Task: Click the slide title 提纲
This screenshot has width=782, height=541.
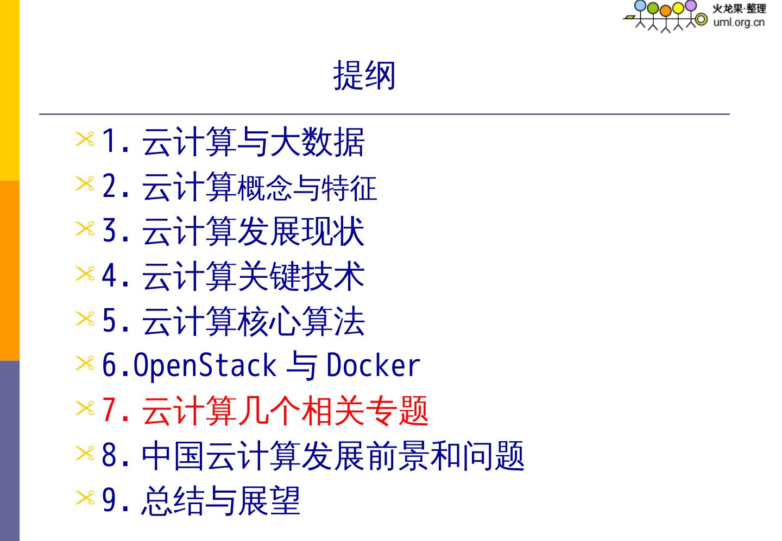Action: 364,75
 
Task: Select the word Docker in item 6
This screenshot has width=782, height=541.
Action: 373,366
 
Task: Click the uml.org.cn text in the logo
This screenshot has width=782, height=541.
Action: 739,22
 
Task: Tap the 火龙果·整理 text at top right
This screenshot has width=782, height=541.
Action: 739,9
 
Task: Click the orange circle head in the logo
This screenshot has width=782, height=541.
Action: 665,11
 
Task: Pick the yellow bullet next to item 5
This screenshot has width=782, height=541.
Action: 85,319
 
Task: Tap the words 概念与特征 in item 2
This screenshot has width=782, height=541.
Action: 307,188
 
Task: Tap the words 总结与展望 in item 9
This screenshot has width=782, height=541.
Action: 220,500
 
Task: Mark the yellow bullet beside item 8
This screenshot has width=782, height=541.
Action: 85,453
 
